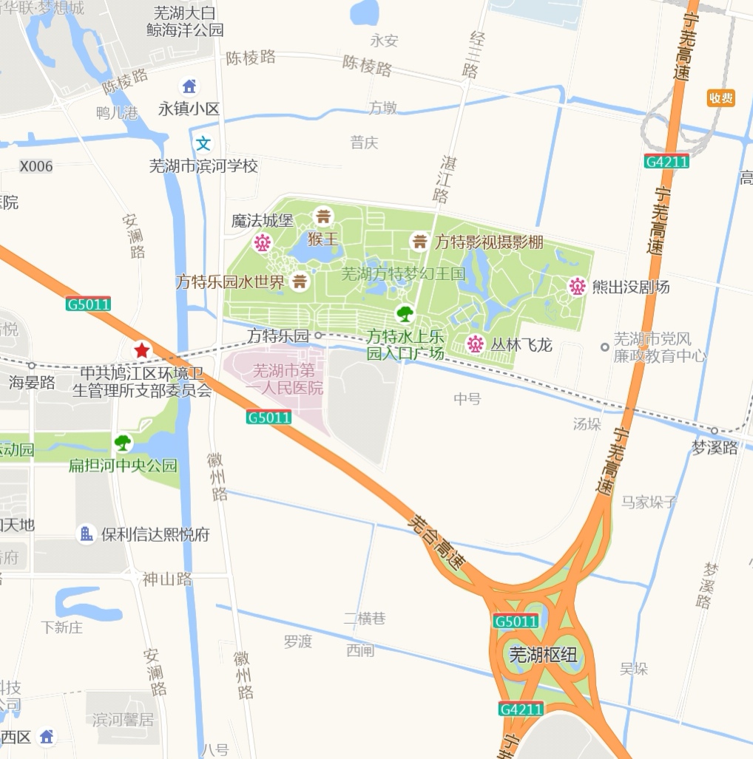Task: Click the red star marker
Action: (x=141, y=350)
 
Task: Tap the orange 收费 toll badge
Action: (x=720, y=98)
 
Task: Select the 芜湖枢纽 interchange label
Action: (x=543, y=655)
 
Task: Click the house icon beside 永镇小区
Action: (x=189, y=86)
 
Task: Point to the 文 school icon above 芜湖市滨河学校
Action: (x=203, y=143)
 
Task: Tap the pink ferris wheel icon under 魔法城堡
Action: (x=263, y=242)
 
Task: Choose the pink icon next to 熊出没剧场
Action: (x=577, y=286)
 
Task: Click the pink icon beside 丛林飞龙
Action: (x=475, y=344)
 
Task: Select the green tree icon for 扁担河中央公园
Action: (x=123, y=443)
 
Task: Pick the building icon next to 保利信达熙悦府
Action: (x=87, y=534)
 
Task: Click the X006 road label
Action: (x=36, y=166)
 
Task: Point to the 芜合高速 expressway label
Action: (x=436, y=542)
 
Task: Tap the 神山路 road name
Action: (x=167, y=579)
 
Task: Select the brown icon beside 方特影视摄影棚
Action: (x=419, y=241)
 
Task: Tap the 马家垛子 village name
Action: (x=649, y=503)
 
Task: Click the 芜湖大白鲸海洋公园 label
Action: (x=185, y=21)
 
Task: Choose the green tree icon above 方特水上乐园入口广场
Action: (x=404, y=313)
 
